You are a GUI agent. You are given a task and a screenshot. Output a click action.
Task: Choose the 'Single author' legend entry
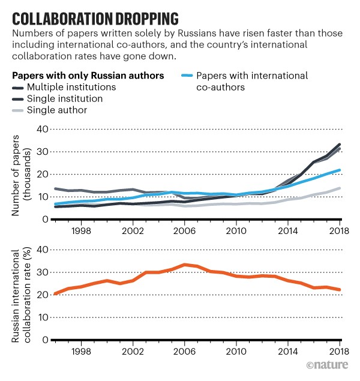tap(66, 110)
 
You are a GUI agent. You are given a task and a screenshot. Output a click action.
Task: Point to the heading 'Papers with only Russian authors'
tap(88, 76)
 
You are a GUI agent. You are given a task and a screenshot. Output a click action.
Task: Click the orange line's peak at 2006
tap(185, 265)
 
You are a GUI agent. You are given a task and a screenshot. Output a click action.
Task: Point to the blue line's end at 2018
tap(340, 170)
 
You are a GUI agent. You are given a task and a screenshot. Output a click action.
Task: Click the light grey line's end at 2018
tap(340, 188)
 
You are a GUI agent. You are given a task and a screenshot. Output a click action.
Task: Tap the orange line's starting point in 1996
tap(55, 293)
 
